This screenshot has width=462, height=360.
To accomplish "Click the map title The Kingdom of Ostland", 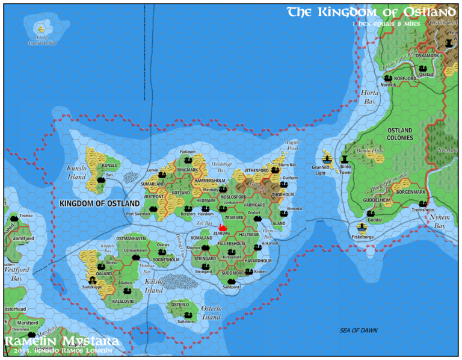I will click(371, 12).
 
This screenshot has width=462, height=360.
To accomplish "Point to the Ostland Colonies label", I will click(399, 134).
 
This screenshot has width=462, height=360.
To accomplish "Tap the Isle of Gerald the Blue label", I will click(42, 43).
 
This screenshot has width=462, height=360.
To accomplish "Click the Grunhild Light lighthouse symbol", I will click(327, 160).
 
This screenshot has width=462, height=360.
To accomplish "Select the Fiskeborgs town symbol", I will click(362, 227).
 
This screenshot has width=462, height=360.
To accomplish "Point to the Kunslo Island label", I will click(76, 174).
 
